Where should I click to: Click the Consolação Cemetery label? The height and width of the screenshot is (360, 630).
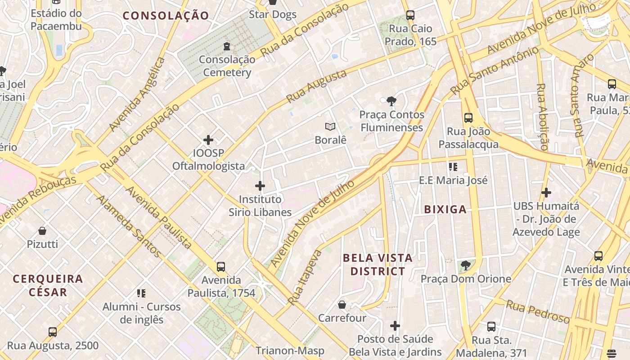227,66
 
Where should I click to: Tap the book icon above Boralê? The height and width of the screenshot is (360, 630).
330,127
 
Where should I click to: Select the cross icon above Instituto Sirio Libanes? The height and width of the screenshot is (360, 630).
260,185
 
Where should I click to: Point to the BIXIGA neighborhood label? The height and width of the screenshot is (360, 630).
445,209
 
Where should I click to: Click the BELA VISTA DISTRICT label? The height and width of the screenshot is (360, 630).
378,265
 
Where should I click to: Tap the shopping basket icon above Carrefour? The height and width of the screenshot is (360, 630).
342,305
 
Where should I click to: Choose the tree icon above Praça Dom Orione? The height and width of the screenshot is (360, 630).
466,265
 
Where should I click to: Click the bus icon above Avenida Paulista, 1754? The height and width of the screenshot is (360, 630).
221,266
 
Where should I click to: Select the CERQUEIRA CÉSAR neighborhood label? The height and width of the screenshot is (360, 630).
48,285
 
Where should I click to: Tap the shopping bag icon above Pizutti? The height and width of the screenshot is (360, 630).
42,231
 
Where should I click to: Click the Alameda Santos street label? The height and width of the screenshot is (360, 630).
128,226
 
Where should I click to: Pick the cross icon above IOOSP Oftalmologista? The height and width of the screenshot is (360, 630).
208,139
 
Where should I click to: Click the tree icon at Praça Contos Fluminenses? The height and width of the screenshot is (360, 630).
391,101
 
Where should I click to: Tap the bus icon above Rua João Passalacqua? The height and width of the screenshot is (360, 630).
468,118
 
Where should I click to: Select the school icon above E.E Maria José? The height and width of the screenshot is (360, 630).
453,167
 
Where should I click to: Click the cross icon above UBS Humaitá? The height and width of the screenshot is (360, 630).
546,193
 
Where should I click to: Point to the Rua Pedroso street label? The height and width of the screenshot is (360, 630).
538,311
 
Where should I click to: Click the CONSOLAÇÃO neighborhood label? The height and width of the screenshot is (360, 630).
166,16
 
